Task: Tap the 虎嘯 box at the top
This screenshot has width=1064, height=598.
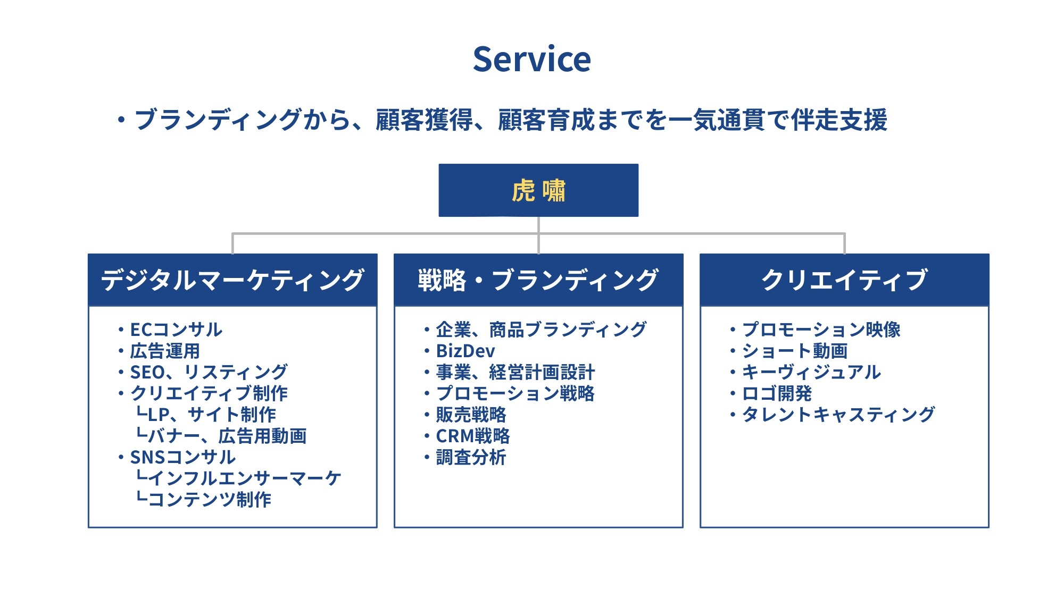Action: pyautogui.click(x=538, y=190)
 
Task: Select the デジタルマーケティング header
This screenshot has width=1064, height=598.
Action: pyautogui.click(x=232, y=280)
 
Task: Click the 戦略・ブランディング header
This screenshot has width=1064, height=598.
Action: pyautogui.click(x=538, y=280)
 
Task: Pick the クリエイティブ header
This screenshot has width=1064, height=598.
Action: pyautogui.click(x=844, y=280)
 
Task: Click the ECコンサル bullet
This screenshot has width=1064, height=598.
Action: pyautogui.click(x=176, y=330)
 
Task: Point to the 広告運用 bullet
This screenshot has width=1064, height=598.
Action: pyautogui.click(x=165, y=351)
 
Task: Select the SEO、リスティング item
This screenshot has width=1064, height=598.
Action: pyautogui.click(x=209, y=372)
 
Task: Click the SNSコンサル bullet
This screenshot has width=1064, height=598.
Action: pyautogui.click(x=182, y=457)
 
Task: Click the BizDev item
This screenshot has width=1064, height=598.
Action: pyautogui.click(x=465, y=351)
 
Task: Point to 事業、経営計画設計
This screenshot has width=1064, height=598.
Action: pyautogui.click(x=516, y=372)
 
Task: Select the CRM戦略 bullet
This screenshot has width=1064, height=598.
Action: pyautogui.click(x=473, y=436)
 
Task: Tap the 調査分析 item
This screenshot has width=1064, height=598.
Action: pyautogui.click(x=471, y=457)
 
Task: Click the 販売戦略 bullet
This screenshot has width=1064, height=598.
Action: pyautogui.click(x=471, y=415)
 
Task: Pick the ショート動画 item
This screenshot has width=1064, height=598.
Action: pyautogui.click(x=795, y=351)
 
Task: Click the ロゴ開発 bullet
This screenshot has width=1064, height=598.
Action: pyautogui.click(x=777, y=393)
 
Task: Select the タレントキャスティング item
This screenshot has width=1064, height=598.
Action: pyautogui.click(x=838, y=415)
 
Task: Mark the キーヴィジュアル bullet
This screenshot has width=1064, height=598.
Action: pyautogui.click(x=811, y=372)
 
